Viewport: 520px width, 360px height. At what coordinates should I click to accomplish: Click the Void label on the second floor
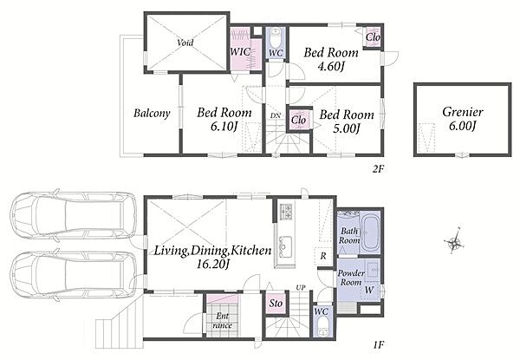185,43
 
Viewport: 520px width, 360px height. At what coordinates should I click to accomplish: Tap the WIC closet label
240,52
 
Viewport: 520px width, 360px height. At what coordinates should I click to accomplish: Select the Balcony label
152,113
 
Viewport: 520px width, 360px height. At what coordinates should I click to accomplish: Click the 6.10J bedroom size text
224,127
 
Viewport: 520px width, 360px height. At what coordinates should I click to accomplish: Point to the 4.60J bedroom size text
331,66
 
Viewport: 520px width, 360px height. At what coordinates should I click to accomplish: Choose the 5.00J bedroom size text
347,128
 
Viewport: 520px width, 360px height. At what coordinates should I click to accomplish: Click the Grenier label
462,112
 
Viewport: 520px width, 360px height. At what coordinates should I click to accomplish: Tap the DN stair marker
276,115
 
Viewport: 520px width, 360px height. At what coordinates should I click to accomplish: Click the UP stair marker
301,287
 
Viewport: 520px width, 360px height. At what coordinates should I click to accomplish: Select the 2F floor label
378,169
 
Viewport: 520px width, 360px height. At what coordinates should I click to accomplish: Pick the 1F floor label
379,344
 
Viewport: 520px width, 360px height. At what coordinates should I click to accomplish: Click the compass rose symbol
454,243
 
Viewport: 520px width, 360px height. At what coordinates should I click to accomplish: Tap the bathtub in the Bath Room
370,233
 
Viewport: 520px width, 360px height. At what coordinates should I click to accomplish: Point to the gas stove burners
286,212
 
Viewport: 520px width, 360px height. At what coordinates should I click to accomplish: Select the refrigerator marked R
322,256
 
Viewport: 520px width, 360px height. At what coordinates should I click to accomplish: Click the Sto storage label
276,303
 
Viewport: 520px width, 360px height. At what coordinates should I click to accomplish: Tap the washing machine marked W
369,290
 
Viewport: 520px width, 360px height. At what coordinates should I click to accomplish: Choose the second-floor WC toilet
275,37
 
